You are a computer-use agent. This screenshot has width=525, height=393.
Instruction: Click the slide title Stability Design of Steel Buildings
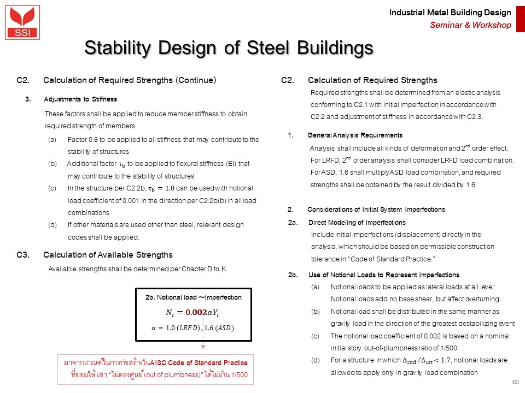(x=229, y=48)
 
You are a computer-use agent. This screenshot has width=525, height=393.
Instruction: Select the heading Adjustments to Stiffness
(x=80, y=99)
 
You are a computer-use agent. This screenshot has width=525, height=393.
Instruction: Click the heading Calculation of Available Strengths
(x=108, y=255)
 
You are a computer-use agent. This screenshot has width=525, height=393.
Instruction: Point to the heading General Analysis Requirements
(x=355, y=135)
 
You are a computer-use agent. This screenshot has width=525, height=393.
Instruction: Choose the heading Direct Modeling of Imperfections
(x=357, y=223)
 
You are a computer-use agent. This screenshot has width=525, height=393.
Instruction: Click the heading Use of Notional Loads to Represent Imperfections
(x=383, y=275)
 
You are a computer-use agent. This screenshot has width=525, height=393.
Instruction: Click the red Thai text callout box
(x=155, y=370)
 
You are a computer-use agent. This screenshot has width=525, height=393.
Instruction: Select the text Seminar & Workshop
(x=470, y=25)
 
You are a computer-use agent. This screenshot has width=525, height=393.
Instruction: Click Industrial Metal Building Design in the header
(x=450, y=13)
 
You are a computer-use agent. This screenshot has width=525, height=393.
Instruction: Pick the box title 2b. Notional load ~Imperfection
(x=193, y=297)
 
